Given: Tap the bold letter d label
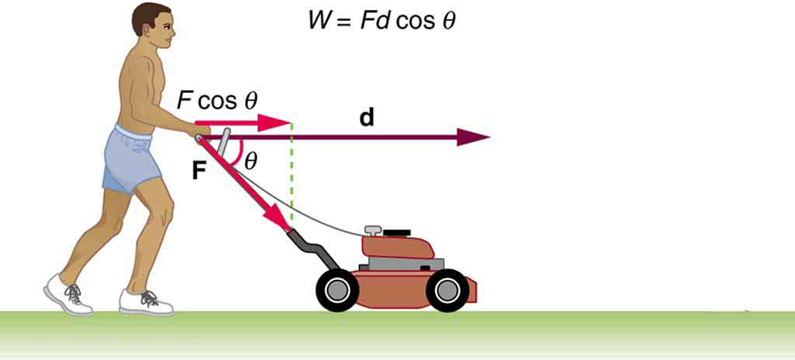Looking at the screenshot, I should [366, 118].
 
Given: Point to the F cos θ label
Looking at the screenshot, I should [217, 101].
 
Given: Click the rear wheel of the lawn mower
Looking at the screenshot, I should [337, 291].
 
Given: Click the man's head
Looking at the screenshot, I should [153, 33].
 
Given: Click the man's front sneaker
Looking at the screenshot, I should [145, 301].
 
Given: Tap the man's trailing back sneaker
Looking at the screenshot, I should [68, 295].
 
